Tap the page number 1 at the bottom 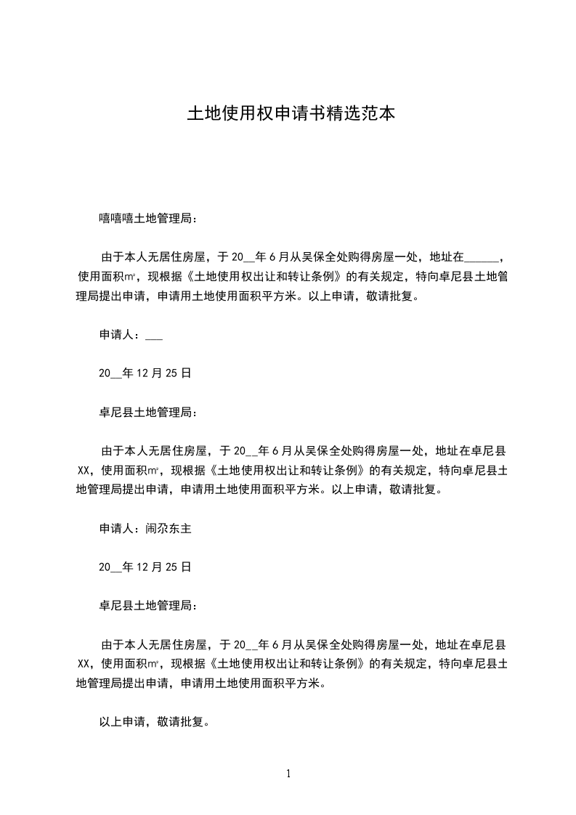pos(288,774)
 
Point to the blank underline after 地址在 pos(481,257)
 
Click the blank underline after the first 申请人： pos(154,336)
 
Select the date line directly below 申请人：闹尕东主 pos(145,567)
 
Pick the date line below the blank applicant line pos(145,373)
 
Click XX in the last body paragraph pos(83,663)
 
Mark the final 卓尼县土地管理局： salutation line pos(147,605)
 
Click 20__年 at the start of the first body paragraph pos(248,257)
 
